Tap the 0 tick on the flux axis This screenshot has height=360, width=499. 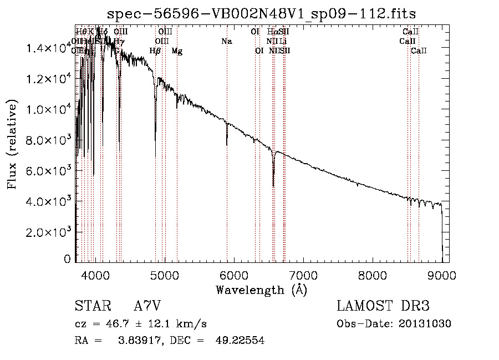(x=67, y=259)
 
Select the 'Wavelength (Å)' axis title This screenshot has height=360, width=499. (x=261, y=290)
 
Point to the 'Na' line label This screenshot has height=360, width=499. (x=226, y=41)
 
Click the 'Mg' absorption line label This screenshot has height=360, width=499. (x=177, y=51)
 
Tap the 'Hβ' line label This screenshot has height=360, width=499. (x=155, y=51)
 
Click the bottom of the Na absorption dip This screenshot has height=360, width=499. (x=227, y=144)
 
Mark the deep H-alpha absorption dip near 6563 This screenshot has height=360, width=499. (x=273, y=185)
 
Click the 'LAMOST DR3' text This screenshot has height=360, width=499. (x=383, y=306)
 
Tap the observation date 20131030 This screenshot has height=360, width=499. (x=425, y=324)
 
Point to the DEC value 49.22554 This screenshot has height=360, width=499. (x=240, y=341)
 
